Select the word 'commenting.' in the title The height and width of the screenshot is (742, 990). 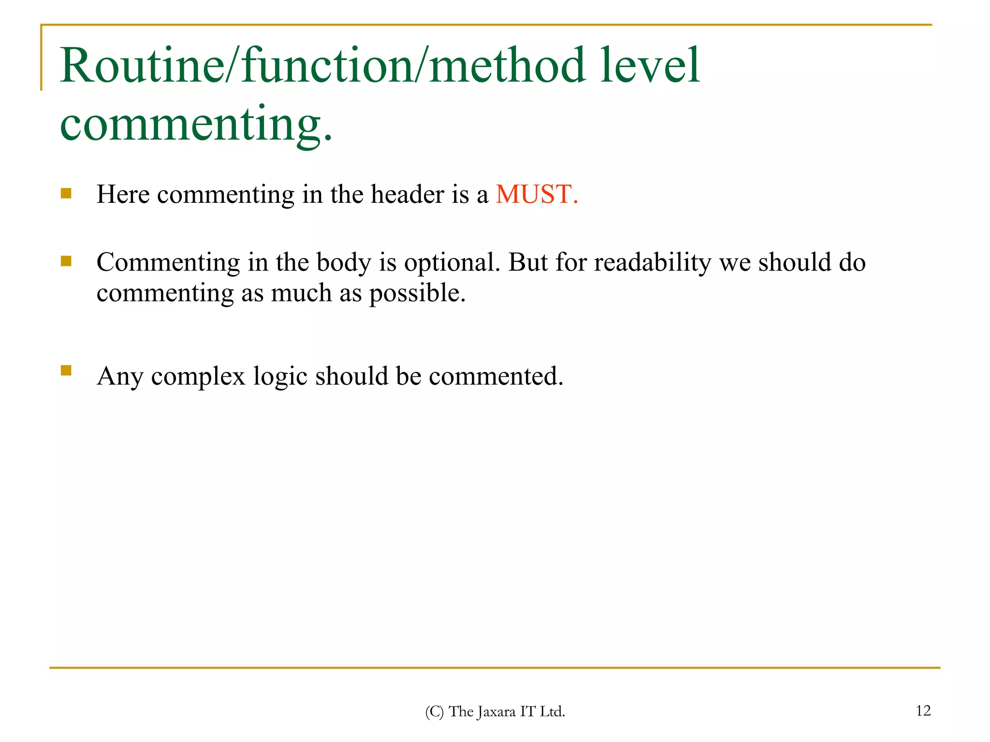196,124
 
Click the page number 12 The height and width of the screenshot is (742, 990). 923,711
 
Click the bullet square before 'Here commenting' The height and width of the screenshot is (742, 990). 66,194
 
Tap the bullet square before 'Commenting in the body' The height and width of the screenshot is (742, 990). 66,261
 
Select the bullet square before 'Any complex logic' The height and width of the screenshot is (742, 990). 66,371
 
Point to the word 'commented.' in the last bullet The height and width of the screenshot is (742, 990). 496,376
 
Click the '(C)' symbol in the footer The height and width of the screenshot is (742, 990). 434,712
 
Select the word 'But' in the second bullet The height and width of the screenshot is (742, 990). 528,262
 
